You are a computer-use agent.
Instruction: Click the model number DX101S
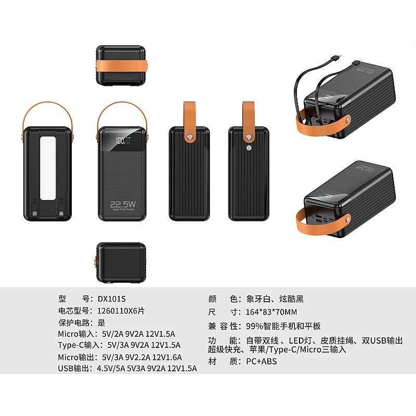click(112, 299)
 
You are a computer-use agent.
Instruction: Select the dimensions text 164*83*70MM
click(271, 313)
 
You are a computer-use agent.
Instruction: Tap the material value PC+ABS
click(262, 361)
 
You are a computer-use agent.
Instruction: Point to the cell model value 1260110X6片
click(121, 311)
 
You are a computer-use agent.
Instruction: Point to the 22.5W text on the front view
click(123, 205)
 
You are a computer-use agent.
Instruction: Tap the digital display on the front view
click(123, 140)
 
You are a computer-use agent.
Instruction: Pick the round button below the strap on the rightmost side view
click(249, 148)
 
